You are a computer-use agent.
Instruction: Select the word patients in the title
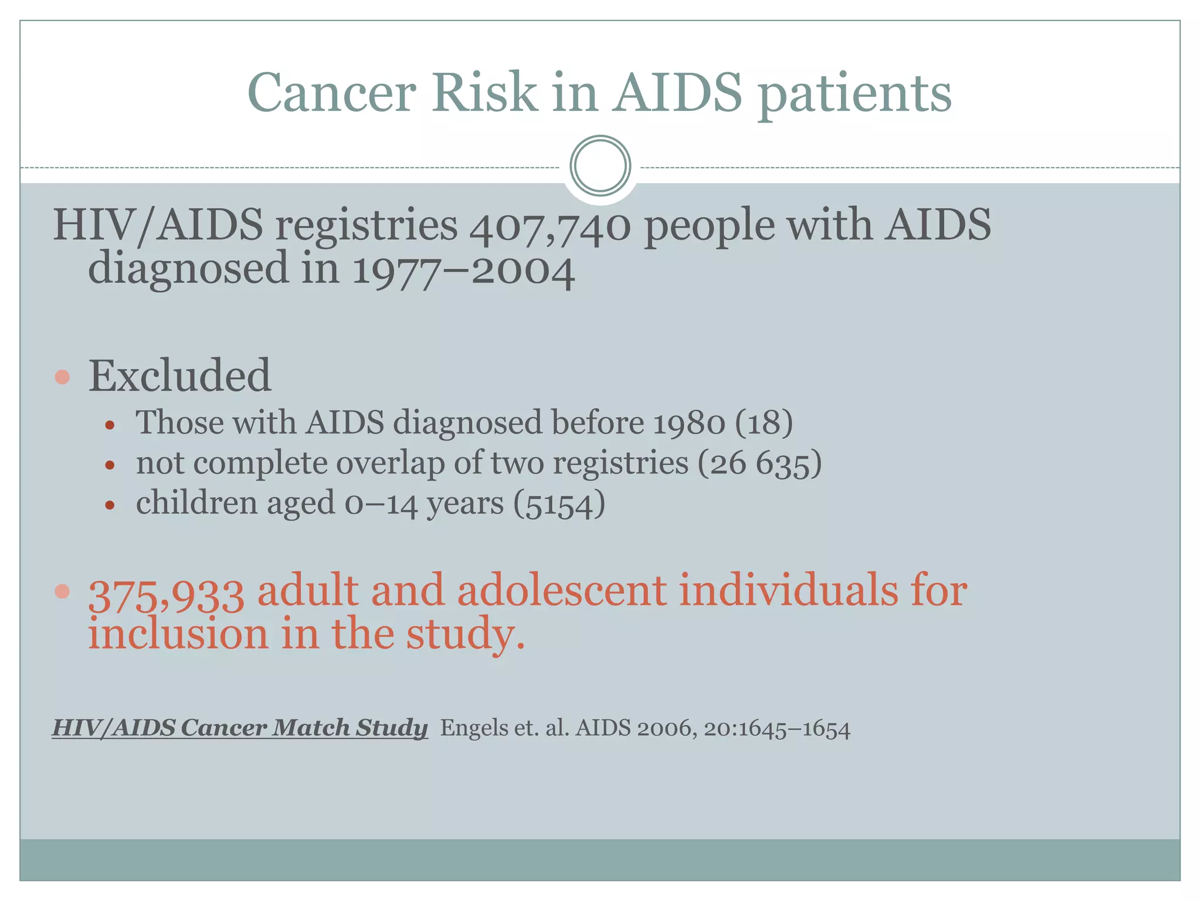click(854, 94)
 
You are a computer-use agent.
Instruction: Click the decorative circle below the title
click(600, 166)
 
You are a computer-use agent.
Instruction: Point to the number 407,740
click(549, 226)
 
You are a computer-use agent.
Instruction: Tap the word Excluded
click(179, 375)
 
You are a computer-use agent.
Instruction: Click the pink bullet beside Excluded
click(62, 377)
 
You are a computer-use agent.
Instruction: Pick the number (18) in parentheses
click(763, 422)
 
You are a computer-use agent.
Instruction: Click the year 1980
click(688, 423)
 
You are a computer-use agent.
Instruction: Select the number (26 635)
click(759, 463)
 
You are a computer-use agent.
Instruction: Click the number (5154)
click(559, 504)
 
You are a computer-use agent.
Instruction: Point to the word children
click(196, 503)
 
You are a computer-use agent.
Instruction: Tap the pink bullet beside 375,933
click(62, 591)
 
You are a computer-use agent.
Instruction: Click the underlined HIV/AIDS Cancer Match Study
click(240, 728)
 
